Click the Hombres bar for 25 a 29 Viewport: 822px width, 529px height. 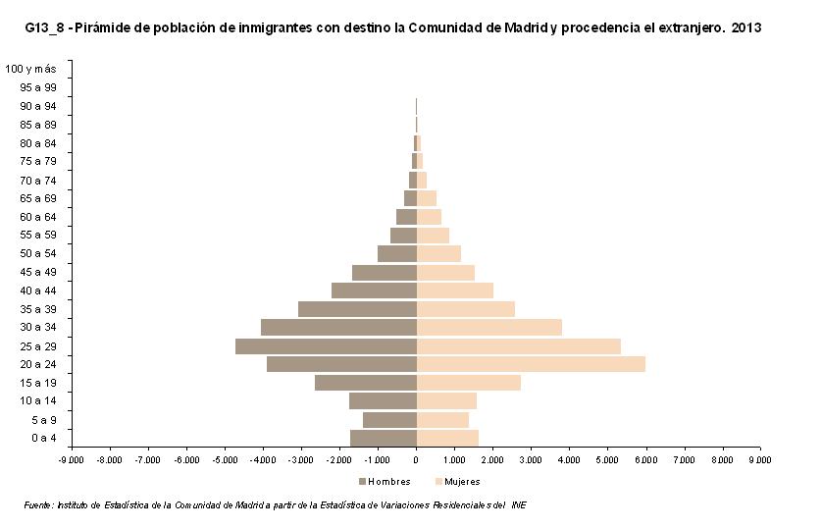tap(326, 346)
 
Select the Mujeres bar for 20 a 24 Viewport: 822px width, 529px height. tap(531, 364)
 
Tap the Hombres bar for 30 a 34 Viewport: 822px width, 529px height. tap(338, 327)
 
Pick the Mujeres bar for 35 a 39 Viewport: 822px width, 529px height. tap(466, 309)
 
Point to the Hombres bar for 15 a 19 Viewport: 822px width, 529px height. tap(366, 383)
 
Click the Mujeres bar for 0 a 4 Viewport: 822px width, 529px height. tap(447, 438)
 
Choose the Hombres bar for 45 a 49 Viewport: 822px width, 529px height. tap(385, 272)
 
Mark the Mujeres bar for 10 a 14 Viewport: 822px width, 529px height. tap(446, 400)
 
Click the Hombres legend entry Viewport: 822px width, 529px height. tap(384, 481)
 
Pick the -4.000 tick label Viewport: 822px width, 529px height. tap(262, 458)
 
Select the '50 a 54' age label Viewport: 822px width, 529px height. tap(37, 253)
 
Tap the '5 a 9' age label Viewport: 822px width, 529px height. tap(41, 419)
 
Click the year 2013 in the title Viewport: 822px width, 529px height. tap(747, 28)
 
